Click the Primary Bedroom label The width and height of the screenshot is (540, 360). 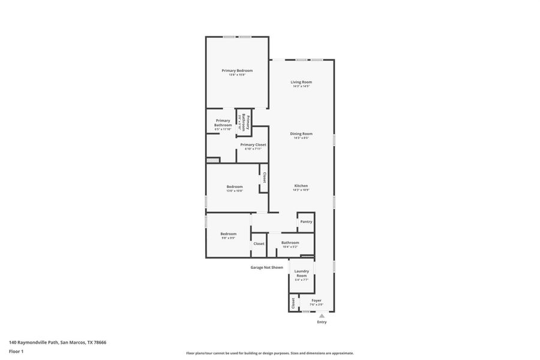point(237,72)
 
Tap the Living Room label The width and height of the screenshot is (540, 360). point(301,83)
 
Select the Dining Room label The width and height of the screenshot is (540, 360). point(301,135)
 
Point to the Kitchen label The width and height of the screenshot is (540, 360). point(301,187)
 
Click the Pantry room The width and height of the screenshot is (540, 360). point(306,221)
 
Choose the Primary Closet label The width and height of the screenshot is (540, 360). point(253,146)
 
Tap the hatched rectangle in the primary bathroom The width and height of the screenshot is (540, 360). point(213,160)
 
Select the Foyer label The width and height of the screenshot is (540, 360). point(316,301)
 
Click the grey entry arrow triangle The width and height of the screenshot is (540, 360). point(322,316)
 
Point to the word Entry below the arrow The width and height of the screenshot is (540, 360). point(322,323)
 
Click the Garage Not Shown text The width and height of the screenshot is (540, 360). point(266,268)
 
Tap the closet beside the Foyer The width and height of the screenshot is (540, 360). point(293,303)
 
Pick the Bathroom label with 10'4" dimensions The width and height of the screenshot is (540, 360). point(290,244)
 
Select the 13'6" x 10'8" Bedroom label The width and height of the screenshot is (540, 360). point(235,188)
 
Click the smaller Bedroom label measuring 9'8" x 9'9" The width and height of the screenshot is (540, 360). point(228,235)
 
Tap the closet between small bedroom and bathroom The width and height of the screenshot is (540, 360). point(259,244)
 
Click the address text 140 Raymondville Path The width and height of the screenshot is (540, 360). point(59,342)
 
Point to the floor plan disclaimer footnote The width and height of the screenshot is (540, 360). point(270,353)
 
